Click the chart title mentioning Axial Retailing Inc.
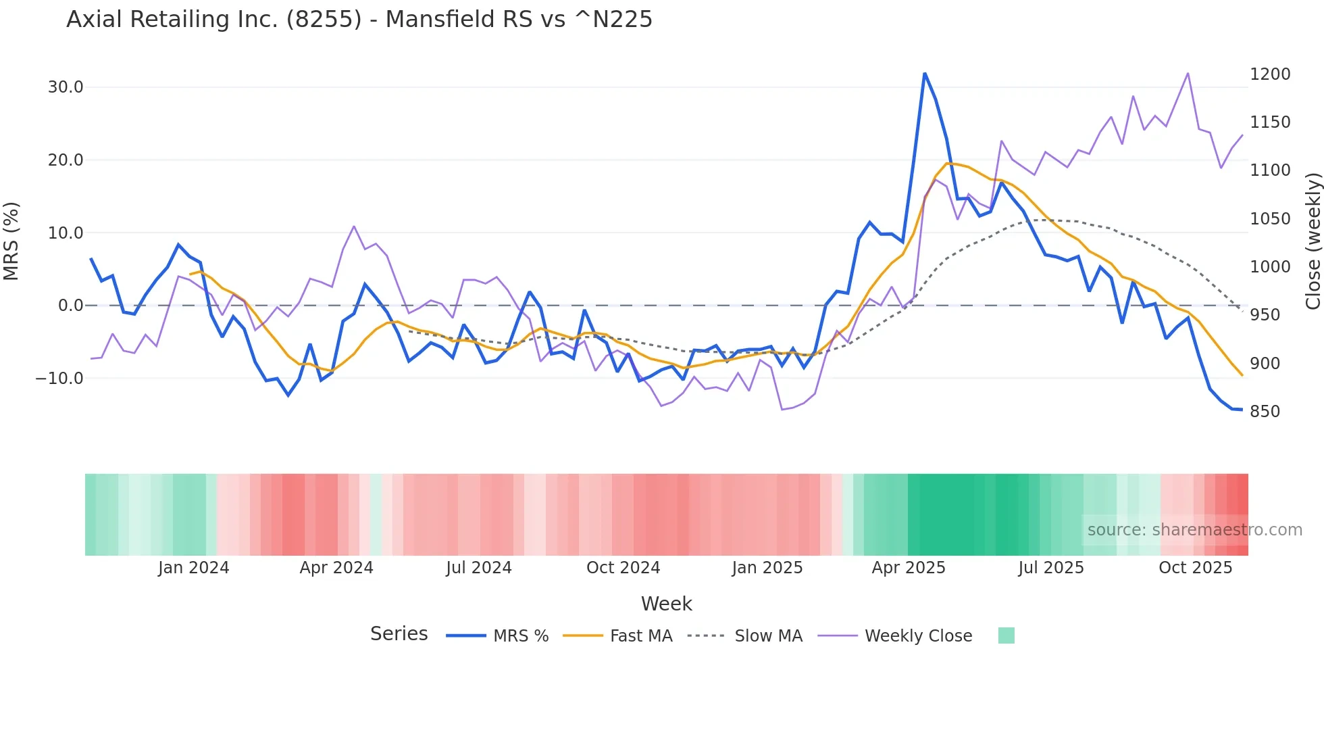(359, 20)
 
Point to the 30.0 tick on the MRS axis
(66, 87)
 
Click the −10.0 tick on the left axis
(59, 379)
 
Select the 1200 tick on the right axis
(1270, 74)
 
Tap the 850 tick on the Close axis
(1265, 412)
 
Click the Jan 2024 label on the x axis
(194, 568)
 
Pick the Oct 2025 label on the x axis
(1195, 568)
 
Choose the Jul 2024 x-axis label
(479, 568)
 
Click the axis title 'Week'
(666, 604)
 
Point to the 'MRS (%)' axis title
(11, 241)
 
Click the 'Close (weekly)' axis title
(1313, 241)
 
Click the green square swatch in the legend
(1006, 635)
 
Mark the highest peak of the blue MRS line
(925, 74)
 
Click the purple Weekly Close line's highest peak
(1188, 74)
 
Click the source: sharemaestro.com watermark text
(1194, 530)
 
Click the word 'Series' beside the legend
(399, 634)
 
